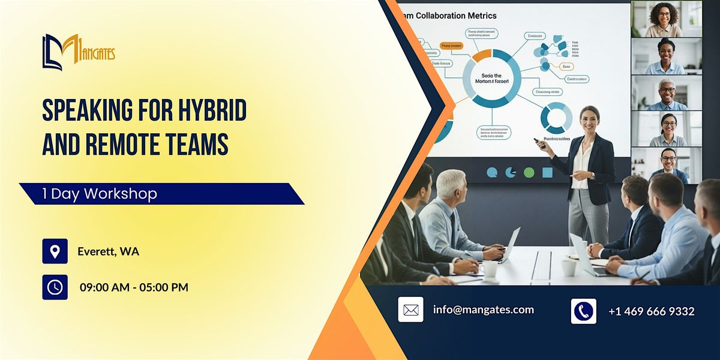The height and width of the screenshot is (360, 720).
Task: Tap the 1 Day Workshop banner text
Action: point(100,194)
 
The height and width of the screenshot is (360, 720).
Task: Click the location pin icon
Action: point(55,251)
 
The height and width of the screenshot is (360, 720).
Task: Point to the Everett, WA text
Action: point(108,251)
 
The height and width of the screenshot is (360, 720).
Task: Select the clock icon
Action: point(55,287)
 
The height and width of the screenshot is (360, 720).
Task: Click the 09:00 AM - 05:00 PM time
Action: point(134,287)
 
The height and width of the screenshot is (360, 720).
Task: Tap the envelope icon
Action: point(410,310)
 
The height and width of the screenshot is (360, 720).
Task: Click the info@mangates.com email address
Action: point(483,310)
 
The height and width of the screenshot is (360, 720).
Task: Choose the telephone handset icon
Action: point(583,311)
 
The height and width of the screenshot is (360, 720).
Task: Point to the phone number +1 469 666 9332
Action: point(651,311)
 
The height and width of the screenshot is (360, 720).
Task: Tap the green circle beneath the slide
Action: point(529,173)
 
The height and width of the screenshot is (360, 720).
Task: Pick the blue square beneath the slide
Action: point(547,173)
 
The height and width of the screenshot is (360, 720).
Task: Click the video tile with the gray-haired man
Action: point(666,93)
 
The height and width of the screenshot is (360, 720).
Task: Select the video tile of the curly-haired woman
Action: point(666,19)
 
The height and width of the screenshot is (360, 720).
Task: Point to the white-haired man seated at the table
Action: point(451,210)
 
